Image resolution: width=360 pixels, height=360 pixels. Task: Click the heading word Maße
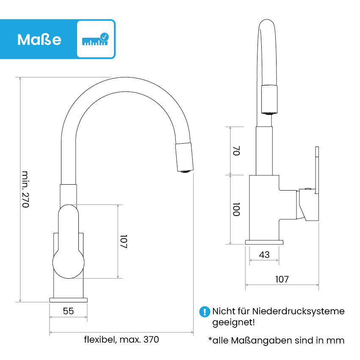click(39, 40)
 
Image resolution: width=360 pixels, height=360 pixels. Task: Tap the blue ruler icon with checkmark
click(96, 39)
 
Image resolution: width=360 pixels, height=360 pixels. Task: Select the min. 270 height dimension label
click(25, 189)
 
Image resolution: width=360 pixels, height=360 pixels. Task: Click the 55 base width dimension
click(69, 311)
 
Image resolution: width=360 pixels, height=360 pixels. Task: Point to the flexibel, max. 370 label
click(122, 339)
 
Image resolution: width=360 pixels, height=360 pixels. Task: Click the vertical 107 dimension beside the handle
click(124, 241)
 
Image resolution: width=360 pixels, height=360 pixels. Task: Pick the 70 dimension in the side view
click(236, 151)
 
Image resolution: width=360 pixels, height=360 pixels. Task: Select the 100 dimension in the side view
click(236, 209)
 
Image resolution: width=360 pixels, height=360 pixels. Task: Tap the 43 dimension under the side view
click(264, 255)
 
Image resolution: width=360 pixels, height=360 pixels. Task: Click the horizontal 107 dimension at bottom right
click(282, 279)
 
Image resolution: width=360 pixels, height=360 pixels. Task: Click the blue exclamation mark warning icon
click(205, 312)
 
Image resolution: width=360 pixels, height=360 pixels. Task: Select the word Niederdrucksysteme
click(298, 311)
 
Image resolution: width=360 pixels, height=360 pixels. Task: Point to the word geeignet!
click(233, 322)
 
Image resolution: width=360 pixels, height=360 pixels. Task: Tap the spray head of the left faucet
click(184, 157)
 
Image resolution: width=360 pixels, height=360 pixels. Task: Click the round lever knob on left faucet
click(69, 263)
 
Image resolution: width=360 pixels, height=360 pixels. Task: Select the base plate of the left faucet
click(69, 300)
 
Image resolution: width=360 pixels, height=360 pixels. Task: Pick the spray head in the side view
click(269, 100)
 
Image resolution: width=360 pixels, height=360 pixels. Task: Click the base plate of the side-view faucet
click(264, 242)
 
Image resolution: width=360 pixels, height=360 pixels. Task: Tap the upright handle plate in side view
click(317, 170)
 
